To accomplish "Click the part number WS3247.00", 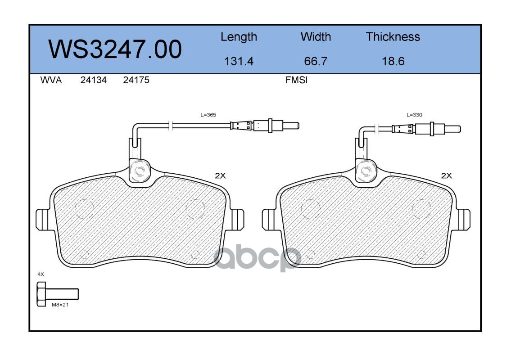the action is pyautogui.click(x=115, y=49).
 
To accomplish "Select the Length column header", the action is pyautogui.click(x=239, y=37).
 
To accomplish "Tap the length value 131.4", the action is pyautogui.click(x=239, y=61).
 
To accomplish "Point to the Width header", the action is pyautogui.click(x=316, y=37).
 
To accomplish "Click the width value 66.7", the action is pyautogui.click(x=316, y=61).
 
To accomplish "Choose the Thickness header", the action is pyautogui.click(x=393, y=37).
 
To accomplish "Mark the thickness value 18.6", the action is pyautogui.click(x=393, y=61).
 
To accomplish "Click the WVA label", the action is pyautogui.click(x=51, y=80).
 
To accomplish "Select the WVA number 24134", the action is pyautogui.click(x=94, y=80).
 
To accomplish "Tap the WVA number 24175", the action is pyautogui.click(x=136, y=80).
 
